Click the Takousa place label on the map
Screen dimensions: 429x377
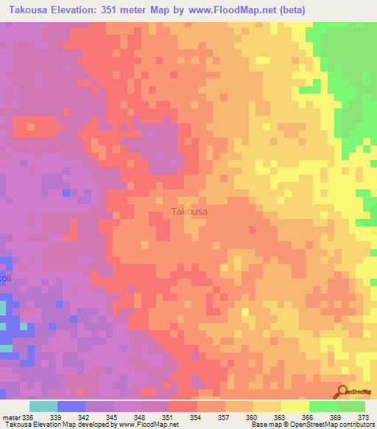(x=189, y=212)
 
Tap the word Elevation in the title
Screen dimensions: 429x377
(x=83, y=10)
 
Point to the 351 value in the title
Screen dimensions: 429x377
(x=127, y=10)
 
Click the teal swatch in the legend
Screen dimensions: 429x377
(x=43, y=406)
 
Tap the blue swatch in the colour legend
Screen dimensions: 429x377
(x=71, y=406)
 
